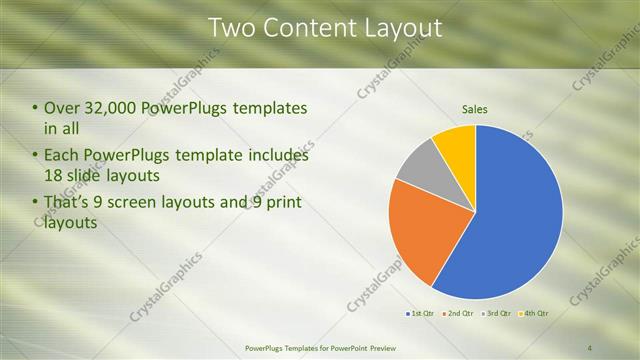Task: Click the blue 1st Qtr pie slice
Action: (510, 220)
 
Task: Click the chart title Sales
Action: (475, 110)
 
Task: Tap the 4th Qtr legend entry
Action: (533, 314)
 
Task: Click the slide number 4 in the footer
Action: (590, 347)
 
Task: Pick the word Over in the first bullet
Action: (62, 108)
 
